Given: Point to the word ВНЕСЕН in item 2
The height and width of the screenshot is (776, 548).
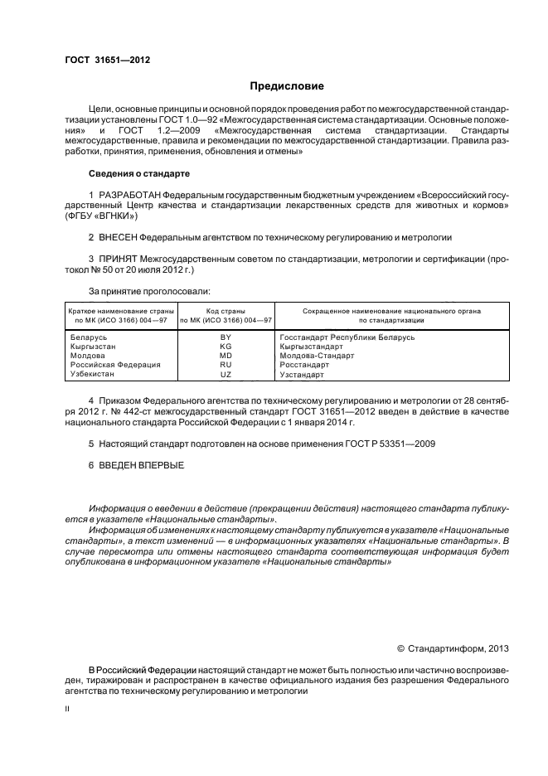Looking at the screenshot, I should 119,236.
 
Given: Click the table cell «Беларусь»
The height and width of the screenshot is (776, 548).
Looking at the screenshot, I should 90,337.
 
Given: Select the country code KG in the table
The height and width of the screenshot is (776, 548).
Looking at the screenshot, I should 226,347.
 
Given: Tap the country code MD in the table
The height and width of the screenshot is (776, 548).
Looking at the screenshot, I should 226,356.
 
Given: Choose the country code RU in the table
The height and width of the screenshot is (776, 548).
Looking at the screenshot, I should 226,365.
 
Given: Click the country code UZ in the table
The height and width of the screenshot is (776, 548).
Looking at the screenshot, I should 226,375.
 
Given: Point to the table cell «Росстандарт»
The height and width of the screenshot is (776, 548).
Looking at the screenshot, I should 304,365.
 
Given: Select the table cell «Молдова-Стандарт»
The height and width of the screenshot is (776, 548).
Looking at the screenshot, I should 317,356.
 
